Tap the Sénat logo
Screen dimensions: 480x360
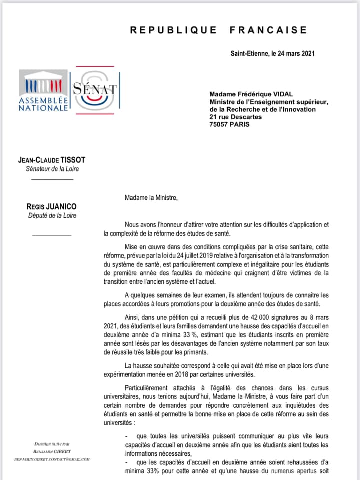[x=95, y=90]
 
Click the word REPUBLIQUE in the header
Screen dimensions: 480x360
[x=173, y=30]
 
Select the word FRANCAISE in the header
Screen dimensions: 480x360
[x=268, y=30]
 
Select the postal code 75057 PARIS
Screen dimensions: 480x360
[x=229, y=124]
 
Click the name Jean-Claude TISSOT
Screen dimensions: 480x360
[x=52, y=160]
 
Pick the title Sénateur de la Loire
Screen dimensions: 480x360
[x=52, y=169]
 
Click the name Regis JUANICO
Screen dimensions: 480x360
[x=52, y=207]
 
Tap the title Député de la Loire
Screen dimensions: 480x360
[x=52, y=216]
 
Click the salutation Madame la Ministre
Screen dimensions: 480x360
[x=151, y=197]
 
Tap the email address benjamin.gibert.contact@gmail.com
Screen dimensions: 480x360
[x=52, y=459]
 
